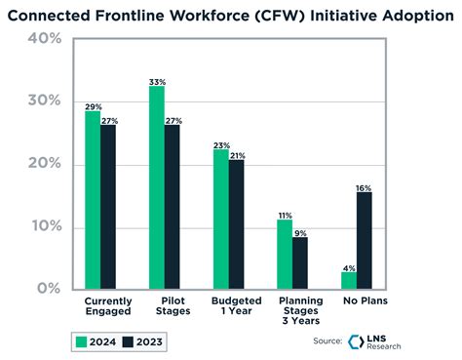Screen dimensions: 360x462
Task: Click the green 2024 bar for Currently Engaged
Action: coord(93,200)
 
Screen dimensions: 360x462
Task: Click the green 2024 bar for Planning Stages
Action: coord(285,254)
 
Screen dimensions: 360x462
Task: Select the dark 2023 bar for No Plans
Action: coord(365,240)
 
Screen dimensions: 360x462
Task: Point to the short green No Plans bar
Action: coord(349,280)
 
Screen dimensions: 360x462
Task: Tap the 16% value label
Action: coord(365,186)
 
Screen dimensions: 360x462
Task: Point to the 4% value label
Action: coord(348,266)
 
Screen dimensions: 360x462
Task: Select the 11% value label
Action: coord(285,214)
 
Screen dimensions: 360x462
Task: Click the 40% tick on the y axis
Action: coord(45,39)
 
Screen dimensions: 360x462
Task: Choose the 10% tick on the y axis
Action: coord(45,226)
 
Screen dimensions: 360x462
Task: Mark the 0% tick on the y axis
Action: coord(49,289)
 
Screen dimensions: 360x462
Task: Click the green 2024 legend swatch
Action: coord(83,341)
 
